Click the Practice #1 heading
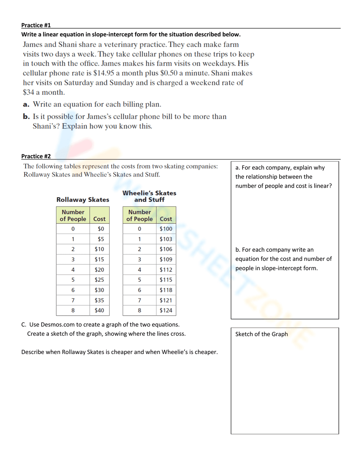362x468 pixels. click(36, 25)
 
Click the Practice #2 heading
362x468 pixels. click(36, 156)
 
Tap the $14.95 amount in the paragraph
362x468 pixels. click(104, 73)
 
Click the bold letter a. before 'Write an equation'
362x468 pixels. click(26, 105)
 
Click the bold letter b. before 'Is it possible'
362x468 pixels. click(26, 117)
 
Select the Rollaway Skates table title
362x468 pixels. click(83, 200)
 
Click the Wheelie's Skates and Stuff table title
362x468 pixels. click(149, 196)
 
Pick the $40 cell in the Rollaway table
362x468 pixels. click(99, 310)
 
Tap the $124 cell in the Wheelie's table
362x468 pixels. click(166, 310)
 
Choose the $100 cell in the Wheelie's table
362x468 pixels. click(166, 229)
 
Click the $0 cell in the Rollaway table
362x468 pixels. click(101, 229)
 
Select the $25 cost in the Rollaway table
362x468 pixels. click(99, 280)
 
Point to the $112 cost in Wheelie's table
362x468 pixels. click(166, 269)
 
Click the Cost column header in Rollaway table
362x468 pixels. click(99, 219)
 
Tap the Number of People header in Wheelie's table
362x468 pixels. click(139, 215)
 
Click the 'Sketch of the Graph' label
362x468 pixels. click(261, 334)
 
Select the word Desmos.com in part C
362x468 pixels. click(58, 324)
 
